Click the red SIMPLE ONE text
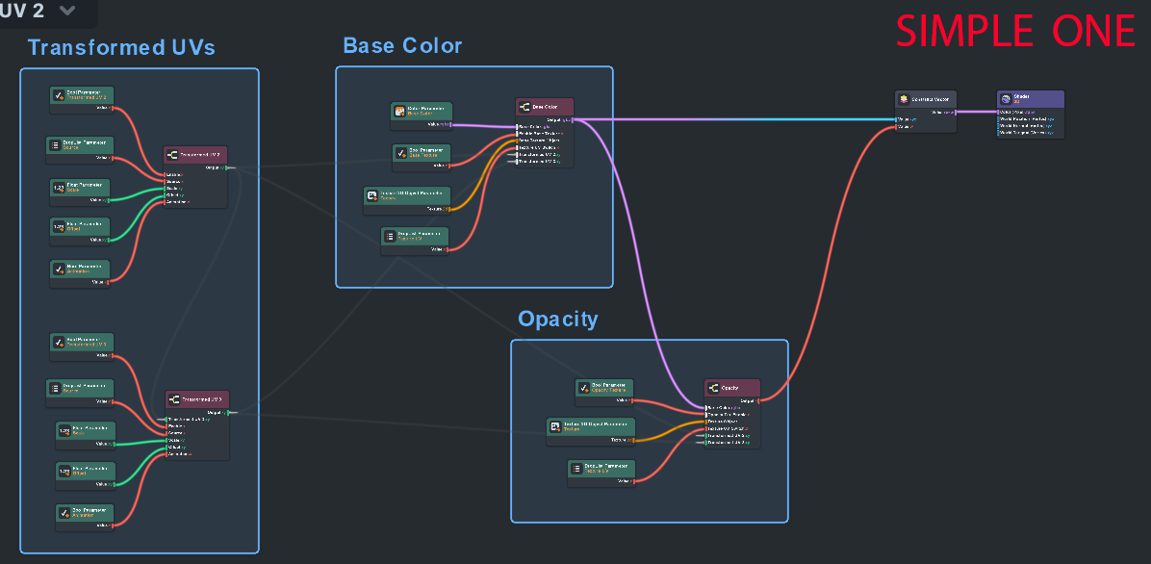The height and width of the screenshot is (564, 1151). tap(1015, 32)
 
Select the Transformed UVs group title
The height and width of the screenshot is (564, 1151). tap(121, 47)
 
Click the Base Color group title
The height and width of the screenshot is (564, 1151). tap(402, 45)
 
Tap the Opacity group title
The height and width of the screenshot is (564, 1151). tap(557, 319)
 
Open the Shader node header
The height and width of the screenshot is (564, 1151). tap(1031, 98)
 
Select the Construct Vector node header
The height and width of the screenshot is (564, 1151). tap(925, 98)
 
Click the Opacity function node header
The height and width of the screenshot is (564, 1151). tap(732, 387)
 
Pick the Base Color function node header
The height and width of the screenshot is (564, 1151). tap(544, 106)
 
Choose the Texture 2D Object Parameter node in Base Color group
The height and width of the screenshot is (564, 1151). tap(407, 195)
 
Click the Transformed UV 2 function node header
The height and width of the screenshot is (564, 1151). tap(195, 154)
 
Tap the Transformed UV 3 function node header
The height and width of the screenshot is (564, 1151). tap(197, 398)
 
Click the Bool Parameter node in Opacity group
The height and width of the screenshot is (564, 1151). tap(605, 388)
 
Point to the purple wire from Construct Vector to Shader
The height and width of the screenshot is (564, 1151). tap(976, 112)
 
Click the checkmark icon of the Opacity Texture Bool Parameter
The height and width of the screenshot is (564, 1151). tap(585, 388)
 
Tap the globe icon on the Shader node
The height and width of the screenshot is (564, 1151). tap(1005, 98)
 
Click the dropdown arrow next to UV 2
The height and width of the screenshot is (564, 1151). tap(66, 11)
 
